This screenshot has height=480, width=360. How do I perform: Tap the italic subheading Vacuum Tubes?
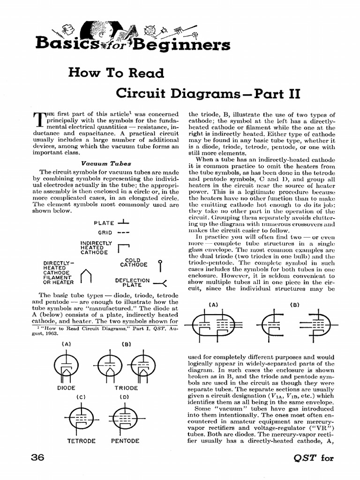tap(100, 164)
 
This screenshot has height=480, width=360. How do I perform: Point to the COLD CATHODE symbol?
tap(160, 266)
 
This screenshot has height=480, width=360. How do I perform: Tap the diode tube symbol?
tap(66, 367)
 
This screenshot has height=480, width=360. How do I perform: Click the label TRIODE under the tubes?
tap(126, 388)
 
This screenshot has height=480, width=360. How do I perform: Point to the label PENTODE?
tap(125, 441)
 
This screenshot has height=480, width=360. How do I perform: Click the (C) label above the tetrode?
tap(81, 397)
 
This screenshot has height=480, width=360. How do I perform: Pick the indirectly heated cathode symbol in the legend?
tap(123, 247)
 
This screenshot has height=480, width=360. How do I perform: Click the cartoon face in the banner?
tap(99, 31)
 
